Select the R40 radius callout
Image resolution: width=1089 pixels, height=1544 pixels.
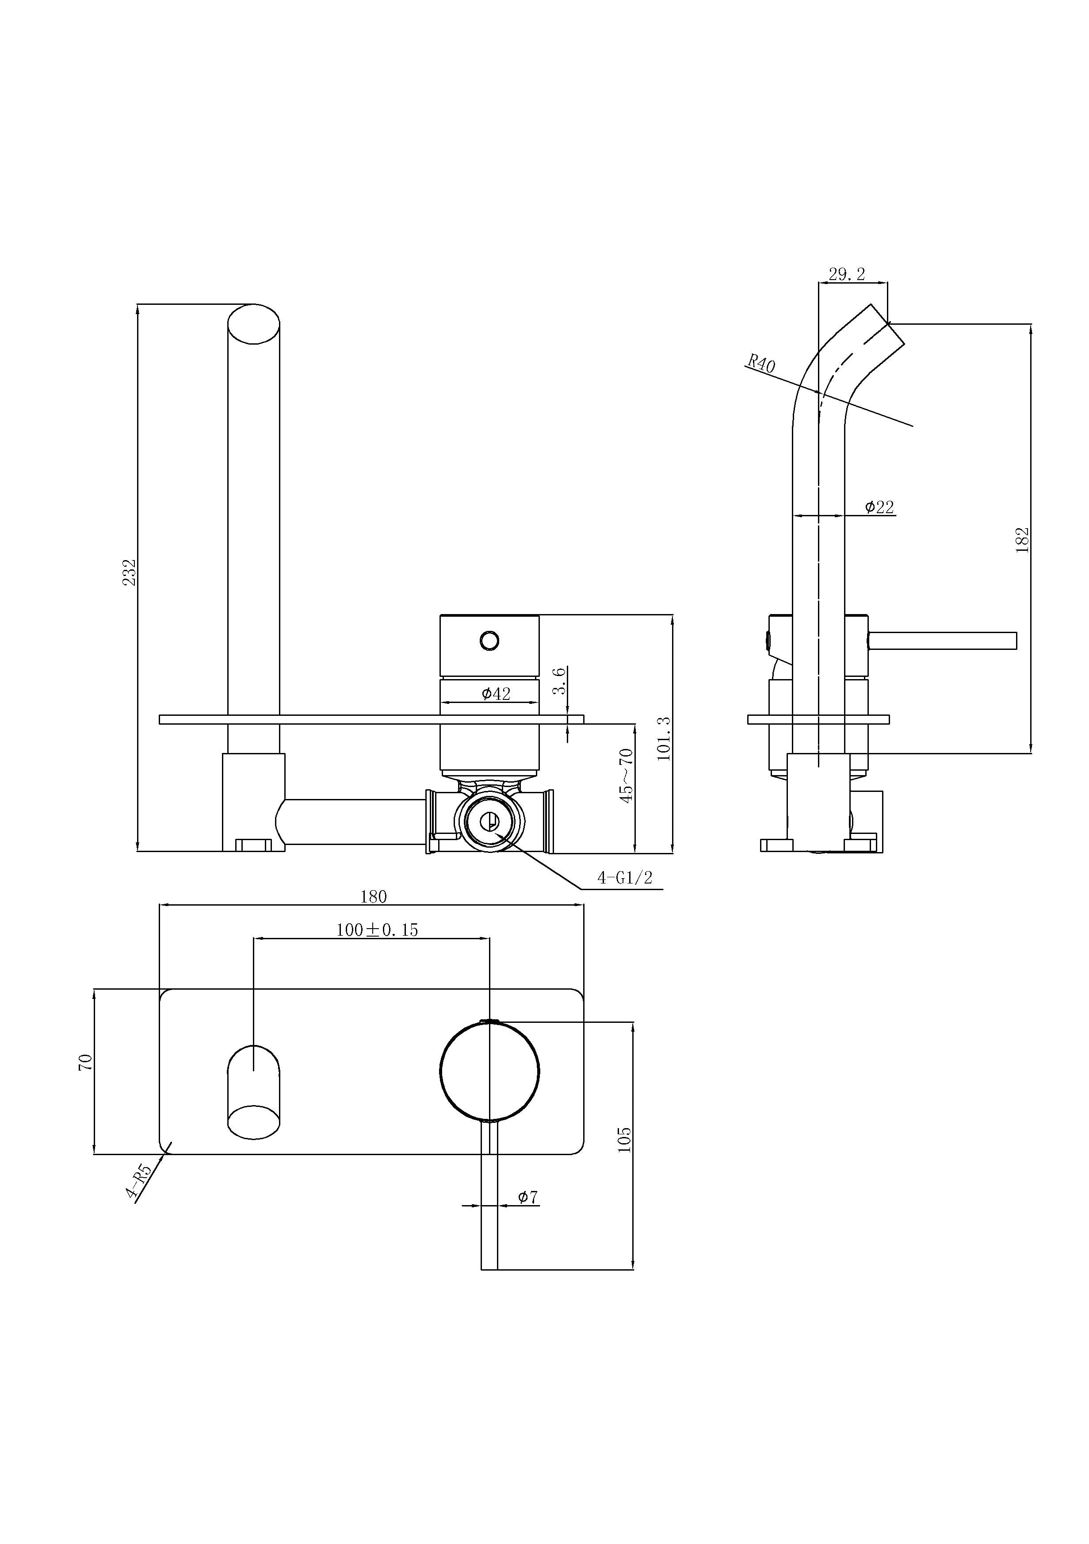click(x=762, y=364)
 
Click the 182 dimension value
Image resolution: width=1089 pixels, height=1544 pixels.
click(x=1022, y=540)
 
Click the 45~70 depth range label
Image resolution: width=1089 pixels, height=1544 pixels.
click(x=627, y=776)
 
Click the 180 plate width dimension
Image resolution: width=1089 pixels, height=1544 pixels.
click(x=374, y=896)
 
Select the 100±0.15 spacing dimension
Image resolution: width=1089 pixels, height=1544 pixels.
click(x=377, y=930)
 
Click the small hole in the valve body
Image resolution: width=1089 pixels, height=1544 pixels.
click(x=489, y=640)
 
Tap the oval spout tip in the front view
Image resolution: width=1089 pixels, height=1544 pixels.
click(x=253, y=324)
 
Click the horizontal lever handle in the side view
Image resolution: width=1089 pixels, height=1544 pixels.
click(x=943, y=641)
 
